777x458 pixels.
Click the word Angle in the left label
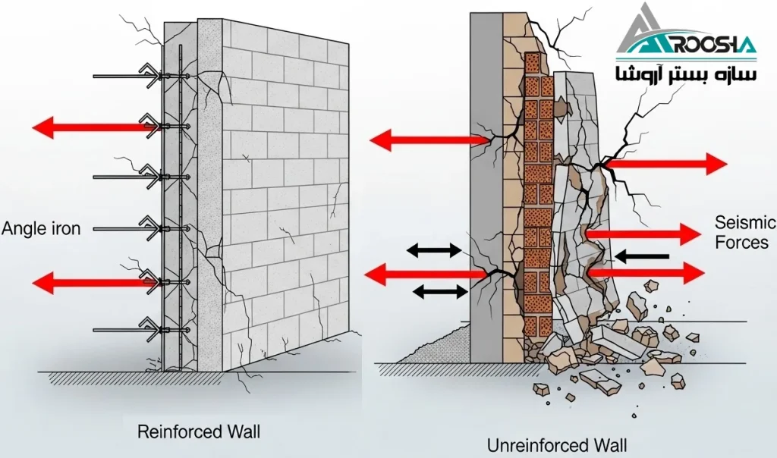point(21,228)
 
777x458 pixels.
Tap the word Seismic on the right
point(745,222)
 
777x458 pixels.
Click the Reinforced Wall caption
point(198,432)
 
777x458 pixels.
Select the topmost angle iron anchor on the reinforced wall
point(144,76)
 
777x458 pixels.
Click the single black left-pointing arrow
point(642,257)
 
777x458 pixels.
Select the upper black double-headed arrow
point(434,250)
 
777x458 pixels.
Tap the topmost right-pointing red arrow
point(666,163)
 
